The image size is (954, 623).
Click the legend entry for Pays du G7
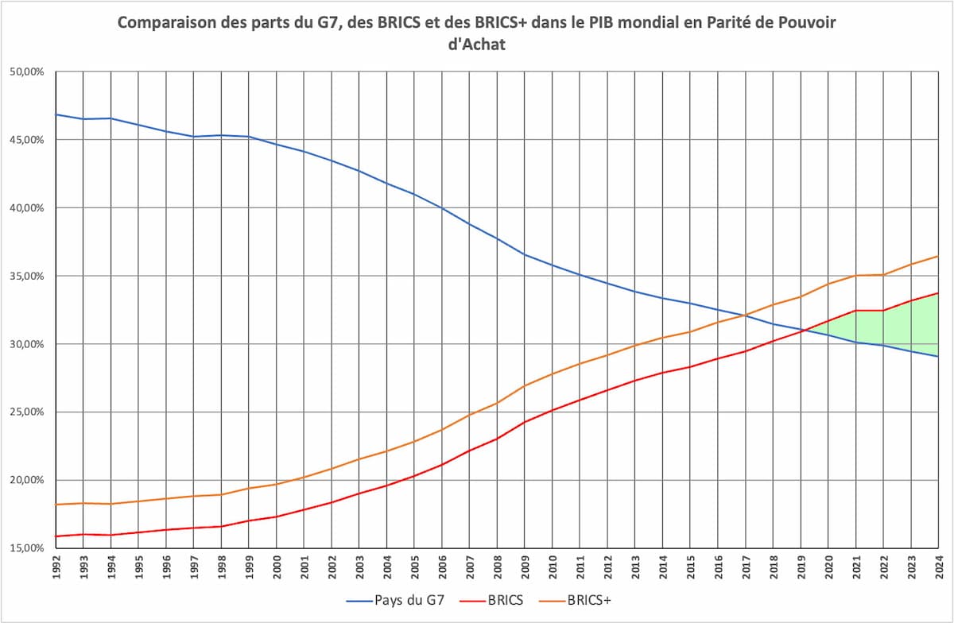pyautogui.click(x=395, y=600)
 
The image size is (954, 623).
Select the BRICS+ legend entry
pyautogui.click(x=575, y=600)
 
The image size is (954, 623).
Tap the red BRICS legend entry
pyautogui.click(x=491, y=600)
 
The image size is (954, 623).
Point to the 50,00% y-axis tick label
pyautogui.click(x=27, y=72)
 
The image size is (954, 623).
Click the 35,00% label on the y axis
pyautogui.click(x=27, y=276)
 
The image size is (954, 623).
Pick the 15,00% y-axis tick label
pyautogui.click(x=27, y=548)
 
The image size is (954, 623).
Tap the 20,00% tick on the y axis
pyautogui.click(x=27, y=480)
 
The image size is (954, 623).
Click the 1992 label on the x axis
pyautogui.click(x=56, y=567)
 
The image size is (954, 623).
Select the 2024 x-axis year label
pyautogui.click(x=939, y=567)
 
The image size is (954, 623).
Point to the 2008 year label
pyautogui.click(x=498, y=567)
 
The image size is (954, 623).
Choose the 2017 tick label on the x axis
pyautogui.click(x=746, y=567)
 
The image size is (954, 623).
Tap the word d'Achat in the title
pyautogui.click(x=476, y=44)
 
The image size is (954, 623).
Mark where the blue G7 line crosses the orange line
pyautogui.click(x=746, y=315)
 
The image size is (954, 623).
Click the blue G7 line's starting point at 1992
pyautogui.click(x=56, y=114)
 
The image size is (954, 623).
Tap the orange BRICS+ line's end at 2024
pyautogui.click(x=938, y=256)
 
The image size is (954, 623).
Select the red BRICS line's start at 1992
pyautogui.click(x=56, y=536)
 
